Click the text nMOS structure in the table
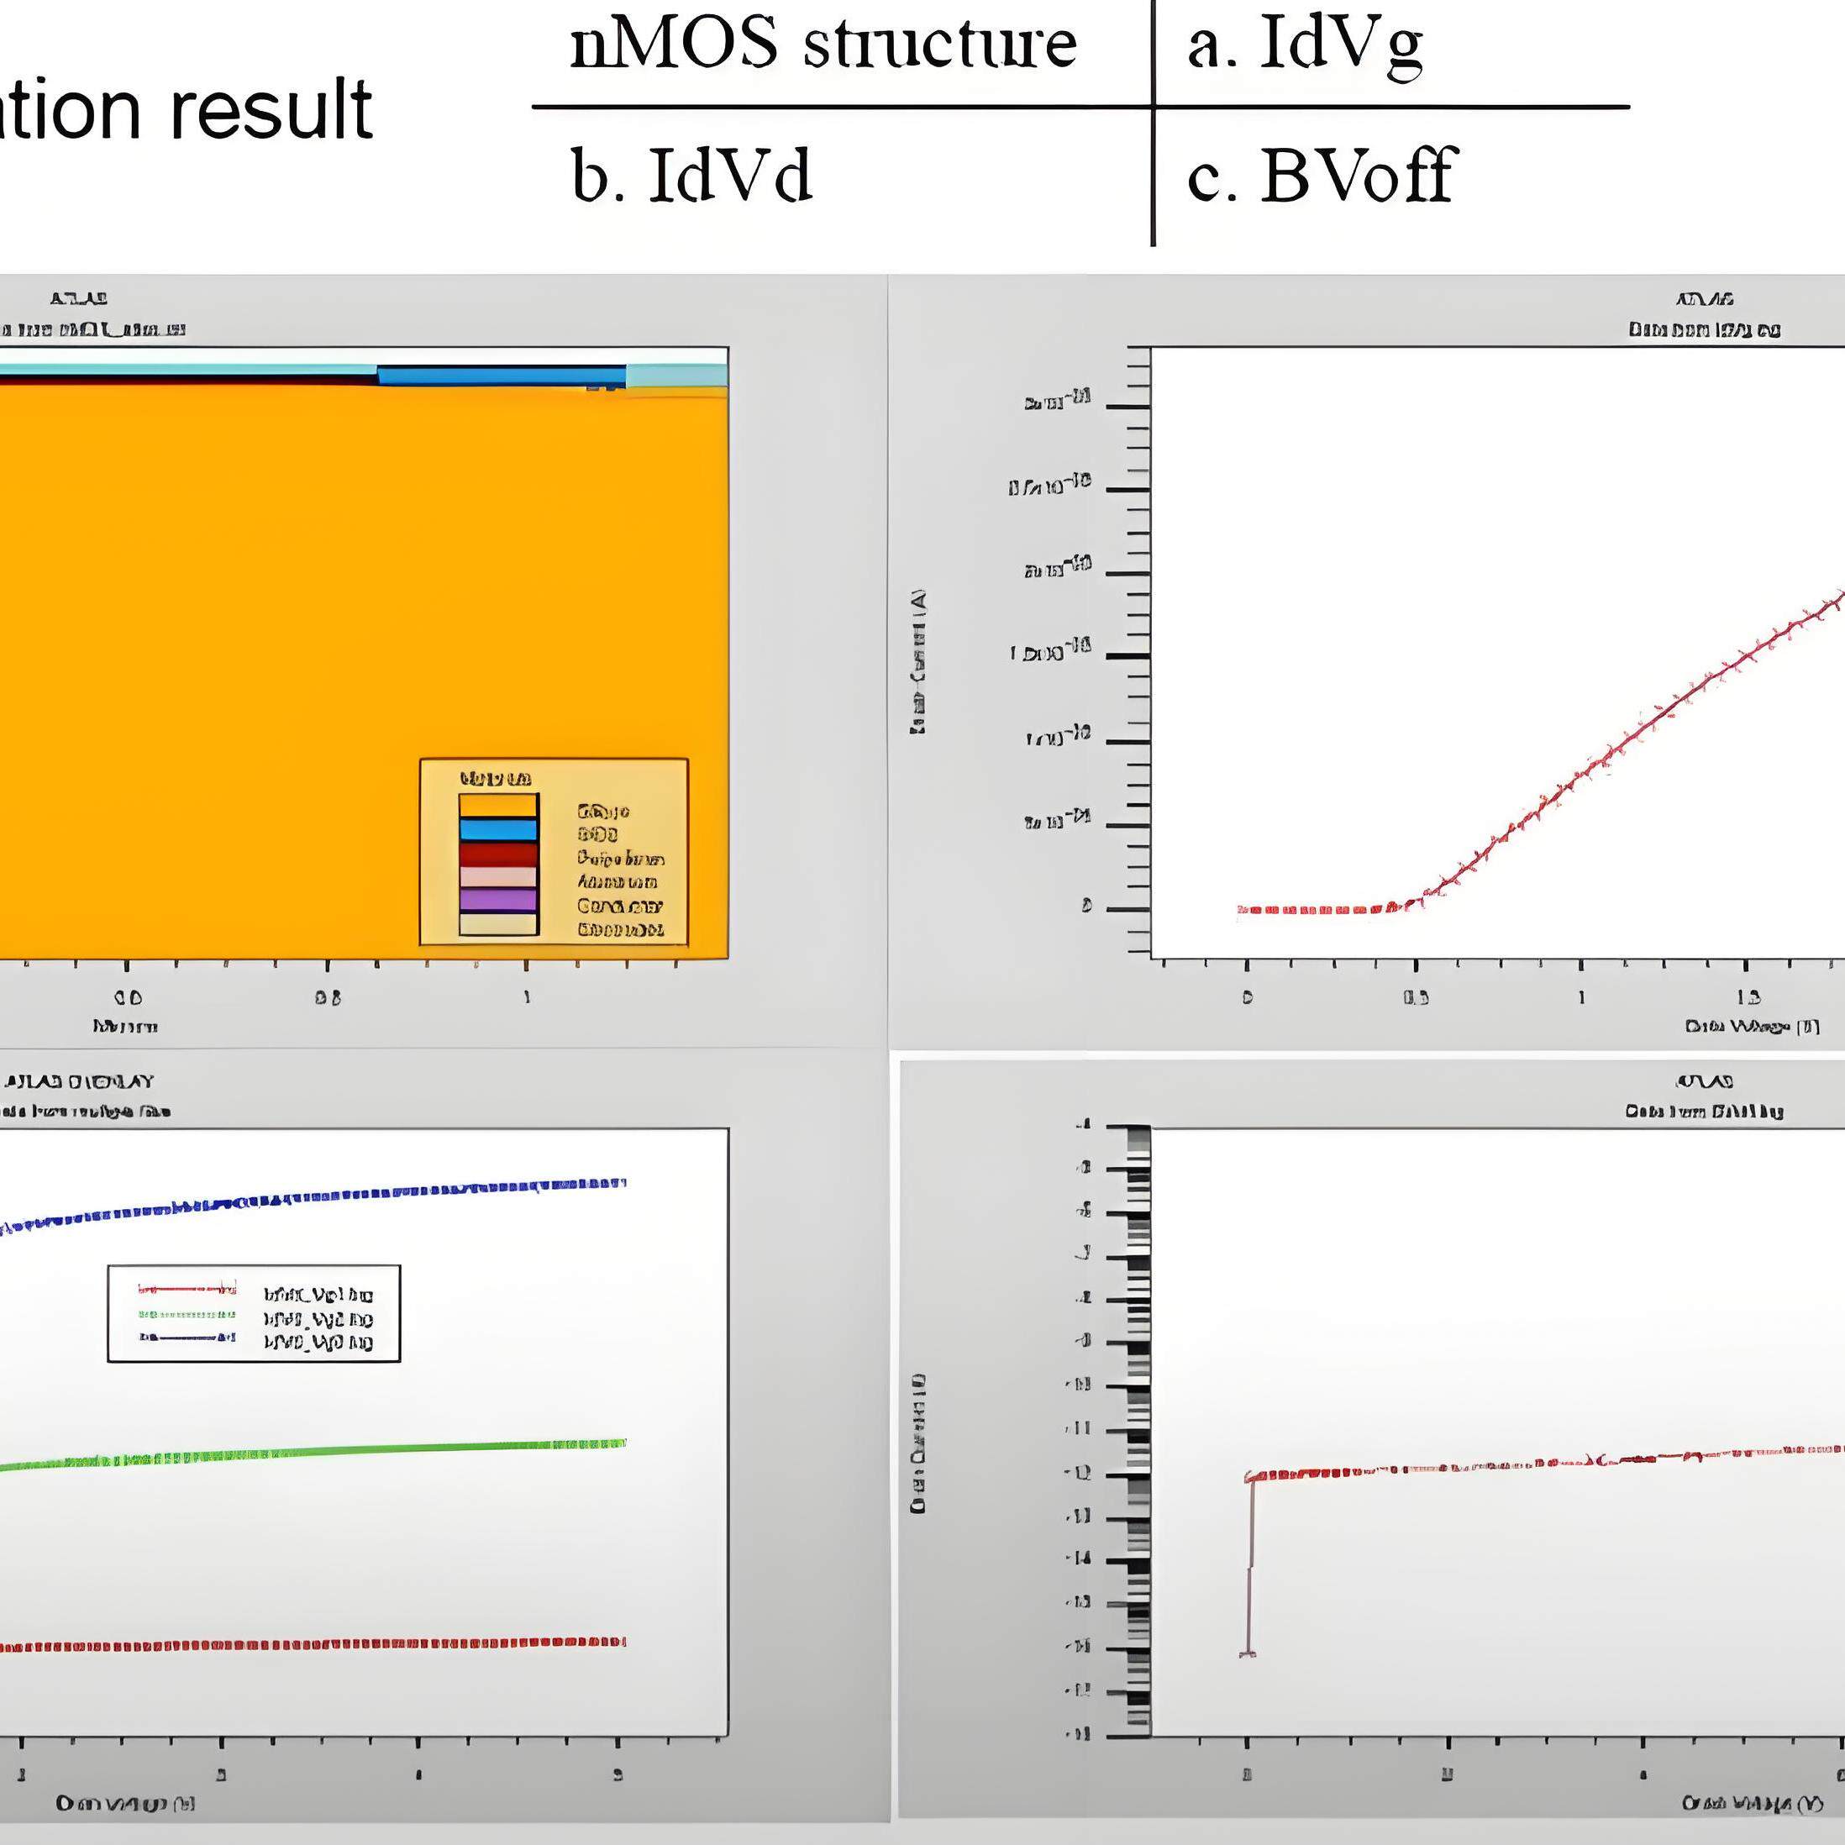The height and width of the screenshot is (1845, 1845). pyautogui.click(x=823, y=44)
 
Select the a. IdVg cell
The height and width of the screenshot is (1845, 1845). pyautogui.click(x=1305, y=44)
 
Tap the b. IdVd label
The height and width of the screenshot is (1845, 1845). pyautogui.click(x=691, y=176)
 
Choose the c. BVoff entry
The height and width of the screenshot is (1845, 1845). pyautogui.click(x=1320, y=176)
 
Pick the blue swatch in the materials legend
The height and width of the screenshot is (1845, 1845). pyautogui.click(x=497, y=829)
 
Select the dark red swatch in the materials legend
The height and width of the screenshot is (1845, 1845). pyautogui.click(x=497, y=853)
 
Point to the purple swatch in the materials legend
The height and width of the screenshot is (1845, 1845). pyautogui.click(x=497, y=900)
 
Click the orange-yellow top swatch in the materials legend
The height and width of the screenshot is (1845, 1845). pyautogui.click(x=497, y=806)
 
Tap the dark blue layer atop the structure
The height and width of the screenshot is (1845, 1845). pyautogui.click(x=502, y=376)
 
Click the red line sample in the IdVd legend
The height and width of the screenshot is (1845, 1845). pyautogui.click(x=187, y=1289)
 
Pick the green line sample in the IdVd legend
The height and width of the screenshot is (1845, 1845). pyautogui.click(x=187, y=1315)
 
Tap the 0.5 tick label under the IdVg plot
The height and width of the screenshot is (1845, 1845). pyautogui.click(x=1416, y=998)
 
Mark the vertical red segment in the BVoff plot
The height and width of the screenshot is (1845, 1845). pyautogui.click(x=1249, y=1566)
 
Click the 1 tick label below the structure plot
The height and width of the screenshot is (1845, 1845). pyautogui.click(x=526, y=997)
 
